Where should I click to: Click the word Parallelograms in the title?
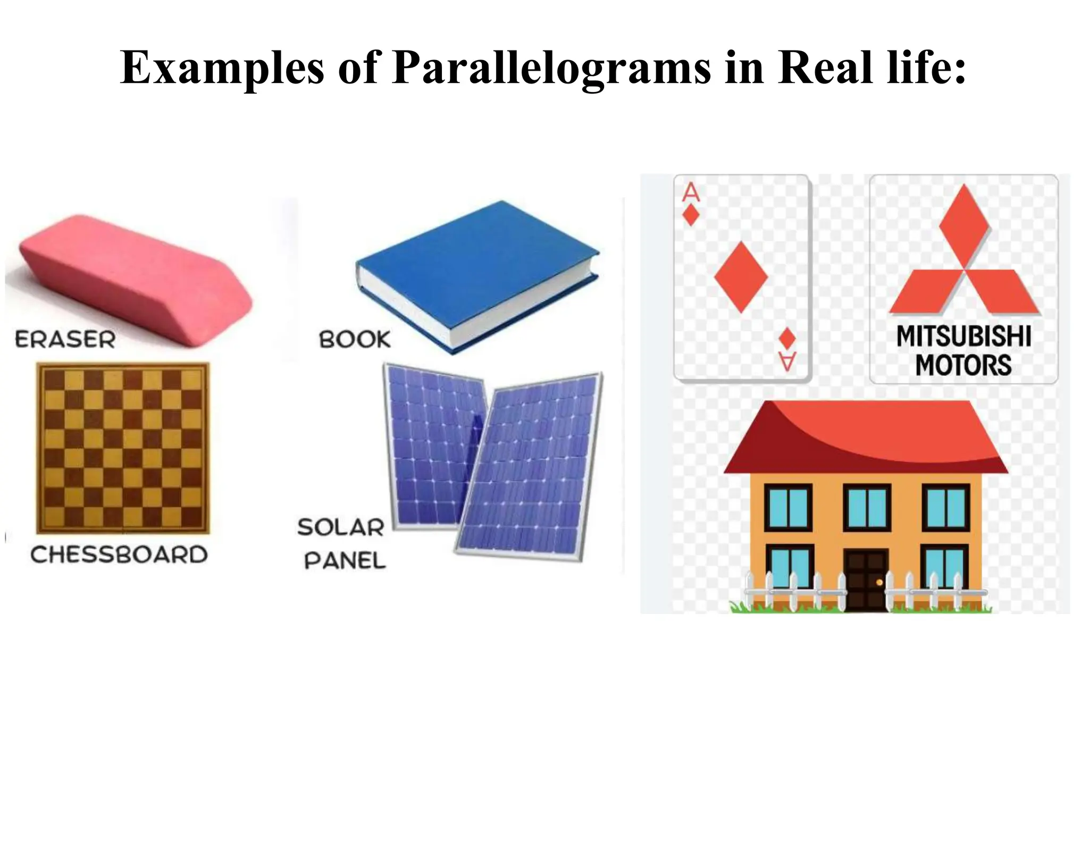[x=551, y=69]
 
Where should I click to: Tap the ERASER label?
[x=65, y=340]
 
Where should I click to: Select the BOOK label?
[x=355, y=340]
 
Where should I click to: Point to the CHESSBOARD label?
[x=119, y=555]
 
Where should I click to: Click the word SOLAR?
[x=341, y=527]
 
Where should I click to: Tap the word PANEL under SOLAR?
[x=345, y=560]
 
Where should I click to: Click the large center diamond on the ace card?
[x=741, y=276]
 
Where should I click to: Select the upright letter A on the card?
[x=691, y=192]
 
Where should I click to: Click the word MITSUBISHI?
[x=964, y=337]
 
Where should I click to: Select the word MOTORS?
[x=964, y=365]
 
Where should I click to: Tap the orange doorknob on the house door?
[x=879, y=583]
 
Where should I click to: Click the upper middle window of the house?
[x=867, y=507]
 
